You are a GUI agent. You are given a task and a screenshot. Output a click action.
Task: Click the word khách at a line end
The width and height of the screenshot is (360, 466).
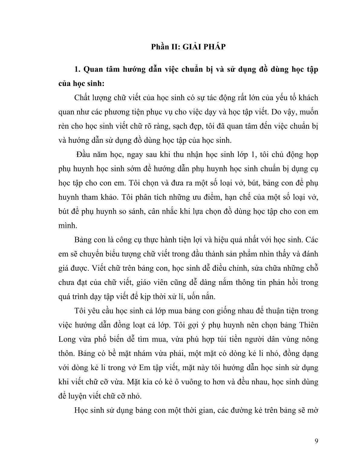click(x=308, y=98)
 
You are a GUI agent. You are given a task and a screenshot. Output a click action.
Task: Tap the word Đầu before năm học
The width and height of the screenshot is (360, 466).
click(x=84, y=155)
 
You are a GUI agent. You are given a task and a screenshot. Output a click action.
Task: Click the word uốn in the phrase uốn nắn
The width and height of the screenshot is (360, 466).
click(x=190, y=297)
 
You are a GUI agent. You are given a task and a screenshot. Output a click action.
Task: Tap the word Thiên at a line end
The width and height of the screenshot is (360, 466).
click(x=306, y=325)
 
